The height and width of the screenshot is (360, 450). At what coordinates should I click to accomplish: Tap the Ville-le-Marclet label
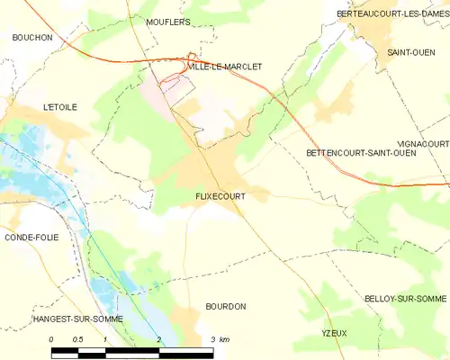[224, 66]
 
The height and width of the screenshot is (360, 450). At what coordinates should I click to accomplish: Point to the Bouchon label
[32, 37]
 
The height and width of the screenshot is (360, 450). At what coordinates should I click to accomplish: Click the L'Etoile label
[60, 107]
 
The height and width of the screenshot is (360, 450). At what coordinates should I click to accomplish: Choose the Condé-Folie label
[31, 238]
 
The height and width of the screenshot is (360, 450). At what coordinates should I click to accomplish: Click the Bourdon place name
[225, 307]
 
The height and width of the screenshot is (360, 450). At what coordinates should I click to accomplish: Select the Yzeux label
[334, 333]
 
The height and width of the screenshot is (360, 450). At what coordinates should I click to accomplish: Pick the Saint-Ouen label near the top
[410, 53]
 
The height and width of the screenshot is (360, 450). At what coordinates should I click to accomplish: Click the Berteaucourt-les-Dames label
[392, 13]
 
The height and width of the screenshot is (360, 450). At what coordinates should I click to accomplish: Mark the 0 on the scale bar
[51, 339]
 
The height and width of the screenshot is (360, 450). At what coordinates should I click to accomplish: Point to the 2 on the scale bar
[159, 339]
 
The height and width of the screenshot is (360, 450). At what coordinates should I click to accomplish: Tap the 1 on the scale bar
[105, 339]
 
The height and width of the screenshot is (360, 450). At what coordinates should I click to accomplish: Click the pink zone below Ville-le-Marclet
[176, 85]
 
